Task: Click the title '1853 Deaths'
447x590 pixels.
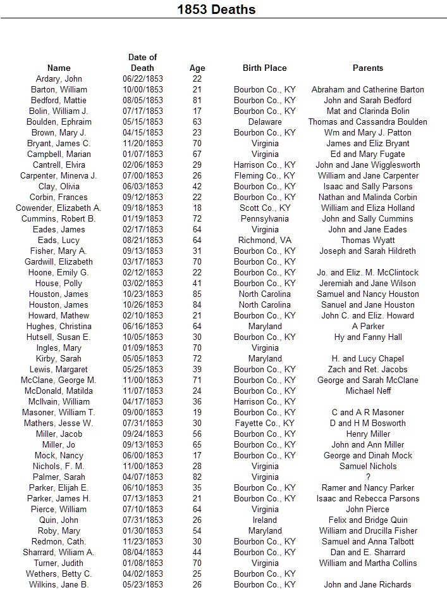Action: pos(216,9)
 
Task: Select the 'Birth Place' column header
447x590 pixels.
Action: pos(264,68)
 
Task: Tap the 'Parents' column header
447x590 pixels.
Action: pos(367,68)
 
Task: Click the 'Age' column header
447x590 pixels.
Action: pos(197,68)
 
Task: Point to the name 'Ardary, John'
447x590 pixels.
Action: pos(59,78)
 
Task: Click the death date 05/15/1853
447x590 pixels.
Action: pos(142,122)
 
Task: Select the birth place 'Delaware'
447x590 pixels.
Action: pos(264,122)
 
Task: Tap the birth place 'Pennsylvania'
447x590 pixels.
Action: pos(264,218)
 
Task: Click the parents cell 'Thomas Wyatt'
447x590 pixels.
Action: pos(367,240)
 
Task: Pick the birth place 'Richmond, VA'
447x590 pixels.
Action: pos(264,240)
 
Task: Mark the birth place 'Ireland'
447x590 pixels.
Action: pos(264,520)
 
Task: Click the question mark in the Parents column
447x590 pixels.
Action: pos(367,477)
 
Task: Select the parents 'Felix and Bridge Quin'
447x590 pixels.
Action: pos(367,520)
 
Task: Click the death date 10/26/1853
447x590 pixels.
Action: pos(142,304)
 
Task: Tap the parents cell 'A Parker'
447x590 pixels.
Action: pos(367,326)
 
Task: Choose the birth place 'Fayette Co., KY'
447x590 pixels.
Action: pos(264,423)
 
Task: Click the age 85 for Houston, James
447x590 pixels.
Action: pos(197,294)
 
